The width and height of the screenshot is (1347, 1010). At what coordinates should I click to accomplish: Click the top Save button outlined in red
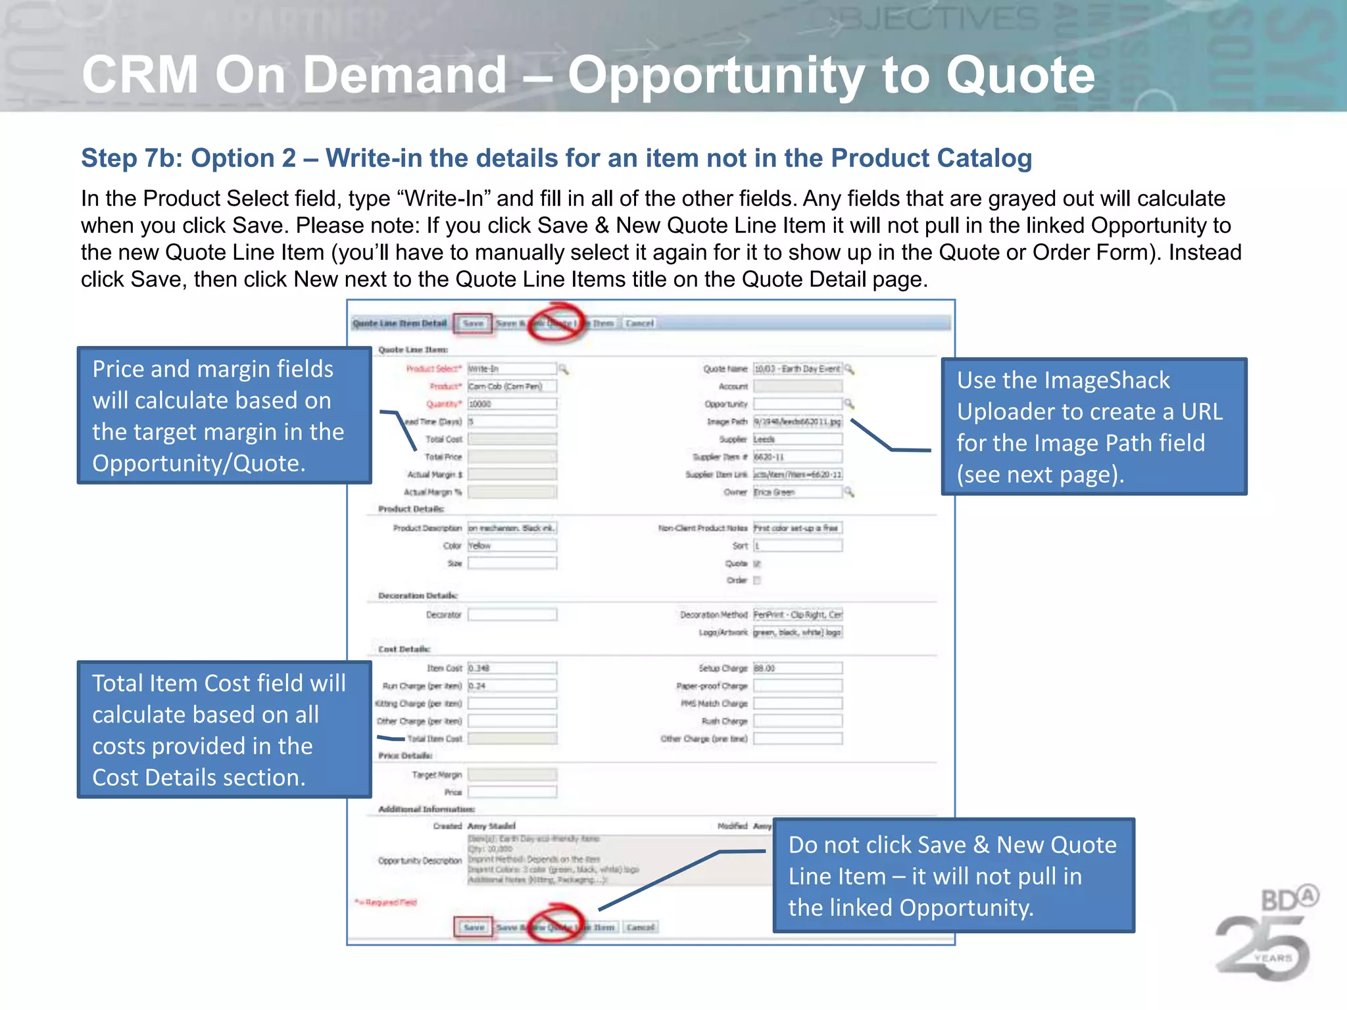click(473, 324)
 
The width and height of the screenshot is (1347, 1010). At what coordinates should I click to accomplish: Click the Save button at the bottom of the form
click(474, 927)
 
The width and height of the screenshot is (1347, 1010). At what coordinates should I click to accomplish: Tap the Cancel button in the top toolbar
click(639, 324)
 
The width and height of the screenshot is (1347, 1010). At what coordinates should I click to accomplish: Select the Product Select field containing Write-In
click(512, 369)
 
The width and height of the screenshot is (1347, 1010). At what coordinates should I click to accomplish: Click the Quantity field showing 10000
click(512, 404)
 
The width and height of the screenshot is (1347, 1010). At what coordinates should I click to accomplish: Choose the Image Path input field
click(797, 421)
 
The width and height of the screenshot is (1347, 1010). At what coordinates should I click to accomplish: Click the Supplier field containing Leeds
click(797, 439)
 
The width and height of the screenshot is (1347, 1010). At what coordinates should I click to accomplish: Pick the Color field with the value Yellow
click(512, 546)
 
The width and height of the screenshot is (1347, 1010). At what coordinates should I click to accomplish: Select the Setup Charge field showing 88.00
click(797, 668)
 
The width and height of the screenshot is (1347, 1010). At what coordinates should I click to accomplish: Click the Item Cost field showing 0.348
click(512, 668)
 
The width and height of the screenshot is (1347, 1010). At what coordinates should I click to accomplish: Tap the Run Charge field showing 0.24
click(512, 686)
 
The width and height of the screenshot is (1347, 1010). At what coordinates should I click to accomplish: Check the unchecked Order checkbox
click(757, 581)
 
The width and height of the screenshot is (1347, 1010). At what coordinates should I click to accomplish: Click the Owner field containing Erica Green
click(797, 492)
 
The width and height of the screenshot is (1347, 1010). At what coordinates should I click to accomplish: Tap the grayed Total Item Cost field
click(512, 739)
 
